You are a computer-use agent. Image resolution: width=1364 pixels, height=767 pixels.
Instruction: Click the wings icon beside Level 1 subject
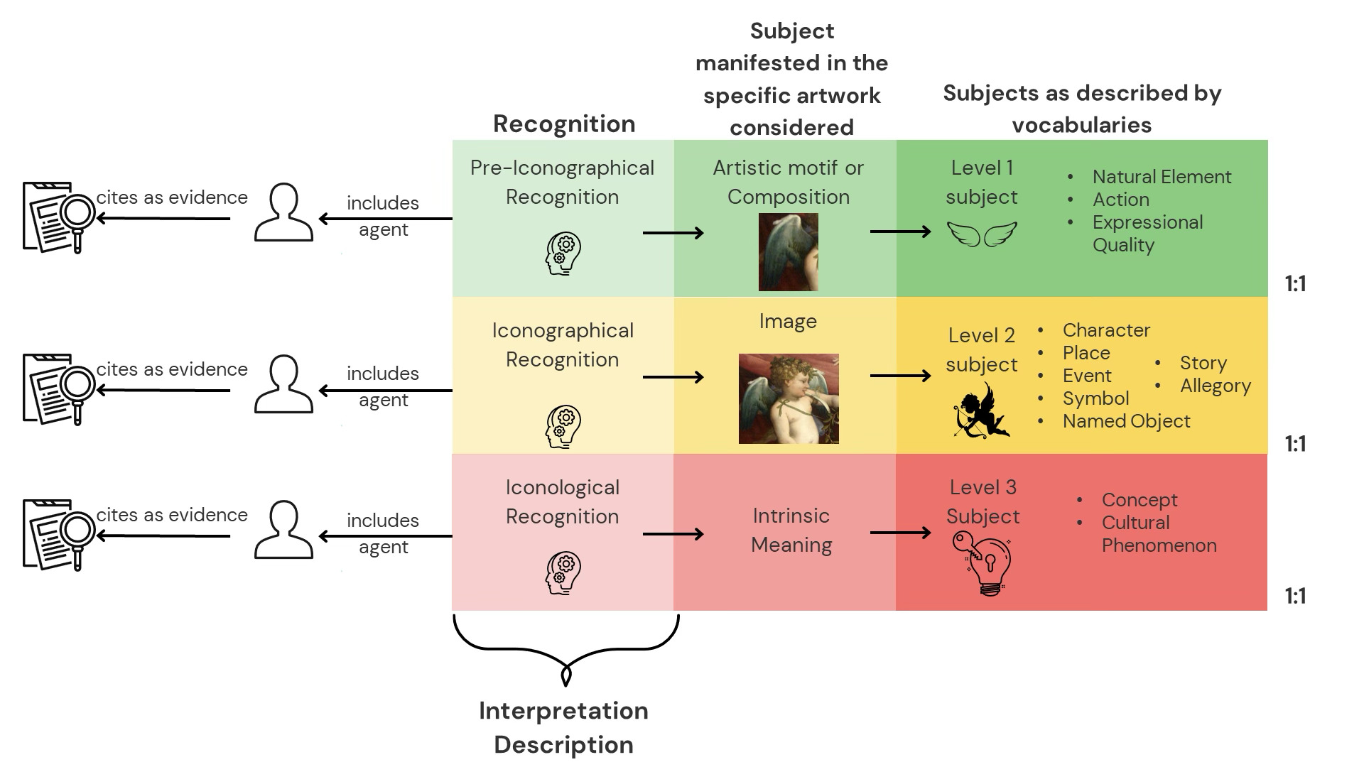982,234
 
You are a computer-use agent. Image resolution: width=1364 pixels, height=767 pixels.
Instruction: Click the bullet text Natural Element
1162,177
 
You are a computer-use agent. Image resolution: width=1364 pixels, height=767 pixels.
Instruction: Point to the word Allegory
1215,386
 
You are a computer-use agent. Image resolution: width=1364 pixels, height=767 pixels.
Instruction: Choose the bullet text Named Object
1126,421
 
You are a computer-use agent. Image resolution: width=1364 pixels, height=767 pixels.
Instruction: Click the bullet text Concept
1139,500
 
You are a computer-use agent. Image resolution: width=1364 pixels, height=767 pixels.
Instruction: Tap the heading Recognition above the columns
564,124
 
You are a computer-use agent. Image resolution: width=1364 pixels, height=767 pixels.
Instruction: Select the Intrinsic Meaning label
791,530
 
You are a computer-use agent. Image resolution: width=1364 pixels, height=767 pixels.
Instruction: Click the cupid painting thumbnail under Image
789,398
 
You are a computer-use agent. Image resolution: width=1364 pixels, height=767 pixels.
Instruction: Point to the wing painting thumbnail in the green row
788,251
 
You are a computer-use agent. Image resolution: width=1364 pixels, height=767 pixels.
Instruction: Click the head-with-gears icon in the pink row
563,573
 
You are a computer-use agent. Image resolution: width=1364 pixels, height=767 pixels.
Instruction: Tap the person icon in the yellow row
283,384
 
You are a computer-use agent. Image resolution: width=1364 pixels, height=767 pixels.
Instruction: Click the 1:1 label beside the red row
1295,596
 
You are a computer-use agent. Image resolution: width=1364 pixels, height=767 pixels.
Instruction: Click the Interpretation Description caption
563,727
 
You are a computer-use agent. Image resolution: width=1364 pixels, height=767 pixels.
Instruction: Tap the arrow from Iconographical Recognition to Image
672,377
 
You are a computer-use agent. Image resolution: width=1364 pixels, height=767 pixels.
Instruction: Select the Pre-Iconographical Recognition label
562,183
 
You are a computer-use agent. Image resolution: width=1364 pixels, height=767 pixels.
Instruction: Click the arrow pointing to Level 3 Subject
899,533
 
